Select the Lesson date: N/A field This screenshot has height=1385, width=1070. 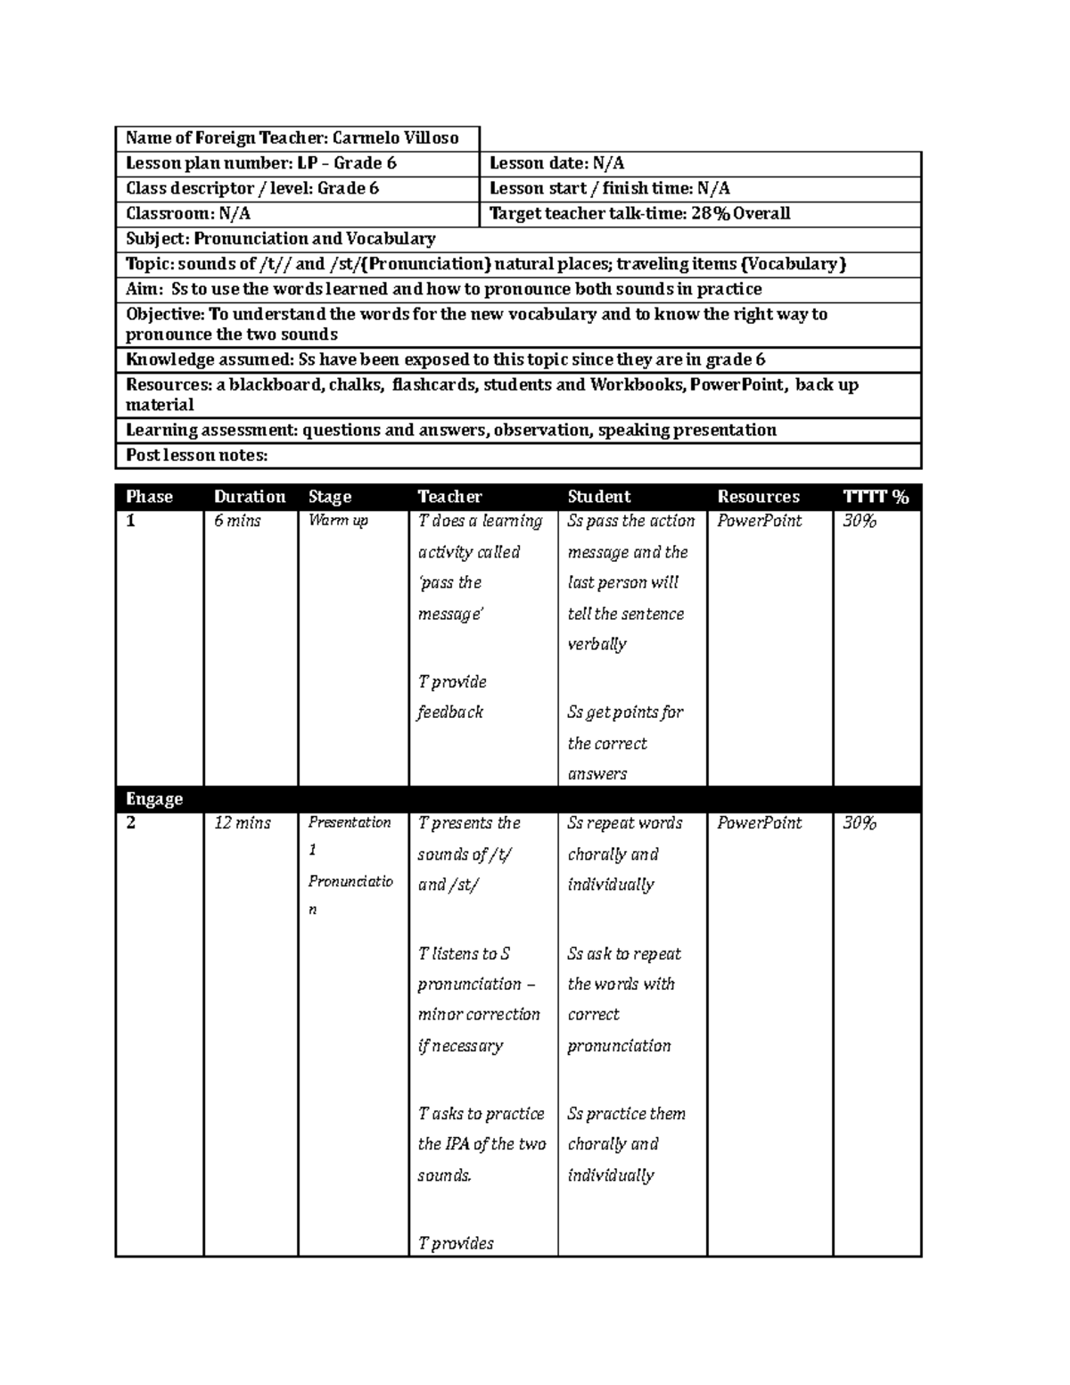click(x=556, y=163)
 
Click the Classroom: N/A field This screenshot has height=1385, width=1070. click(x=188, y=214)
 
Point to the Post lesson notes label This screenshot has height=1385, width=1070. click(x=196, y=456)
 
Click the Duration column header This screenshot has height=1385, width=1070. click(x=250, y=497)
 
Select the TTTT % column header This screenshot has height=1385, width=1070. click(x=876, y=497)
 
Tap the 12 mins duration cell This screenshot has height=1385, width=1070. click(x=242, y=823)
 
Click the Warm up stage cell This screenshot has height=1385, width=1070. click(x=338, y=521)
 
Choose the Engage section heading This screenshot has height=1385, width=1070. click(x=154, y=799)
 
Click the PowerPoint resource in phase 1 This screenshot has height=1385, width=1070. click(x=760, y=521)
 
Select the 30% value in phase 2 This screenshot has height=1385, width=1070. click(x=860, y=823)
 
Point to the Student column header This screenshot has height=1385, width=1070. click(x=598, y=497)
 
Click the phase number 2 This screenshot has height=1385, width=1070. click(x=131, y=823)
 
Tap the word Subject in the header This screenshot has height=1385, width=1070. click(x=156, y=239)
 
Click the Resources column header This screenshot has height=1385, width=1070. click(x=758, y=497)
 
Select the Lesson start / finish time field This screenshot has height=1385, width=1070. click(x=610, y=188)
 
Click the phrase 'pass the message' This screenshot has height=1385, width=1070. click(x=450, y=598)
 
